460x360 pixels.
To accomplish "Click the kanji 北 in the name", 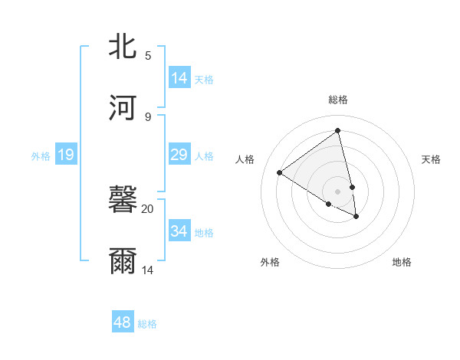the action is tap(124, 46).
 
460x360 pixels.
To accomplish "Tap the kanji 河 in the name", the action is tap(124, 106).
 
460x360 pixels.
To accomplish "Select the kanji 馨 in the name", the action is tap(124, 201).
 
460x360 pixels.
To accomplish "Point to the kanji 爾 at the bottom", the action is tap(124, 261).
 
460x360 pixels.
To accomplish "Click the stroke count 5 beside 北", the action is tap(148, 56).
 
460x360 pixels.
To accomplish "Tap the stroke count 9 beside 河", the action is tap(148, 116).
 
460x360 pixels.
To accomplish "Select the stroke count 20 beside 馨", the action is tap(148, 208).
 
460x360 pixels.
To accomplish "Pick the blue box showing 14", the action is tap(179, 78).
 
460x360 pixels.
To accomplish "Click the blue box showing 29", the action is tap(179, 155).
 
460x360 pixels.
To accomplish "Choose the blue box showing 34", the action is tap(179, 231).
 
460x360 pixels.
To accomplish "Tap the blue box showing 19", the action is tap(66, 155).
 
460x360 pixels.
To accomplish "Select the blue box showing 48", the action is tap(123, 322).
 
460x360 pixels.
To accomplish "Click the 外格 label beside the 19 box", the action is tap(41, 156).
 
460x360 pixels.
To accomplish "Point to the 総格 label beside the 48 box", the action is tap(147, 324).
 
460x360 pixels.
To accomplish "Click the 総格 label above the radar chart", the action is tap(338, 100).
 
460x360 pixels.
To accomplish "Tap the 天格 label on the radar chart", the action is tap(432, 159).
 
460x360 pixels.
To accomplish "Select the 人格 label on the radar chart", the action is tap(245, 159).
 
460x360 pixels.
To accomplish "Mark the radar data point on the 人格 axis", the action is tap(280, 172).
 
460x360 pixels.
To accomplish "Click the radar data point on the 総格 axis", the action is tap(338, 131).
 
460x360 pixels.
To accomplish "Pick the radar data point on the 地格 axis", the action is tap(356, 217).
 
